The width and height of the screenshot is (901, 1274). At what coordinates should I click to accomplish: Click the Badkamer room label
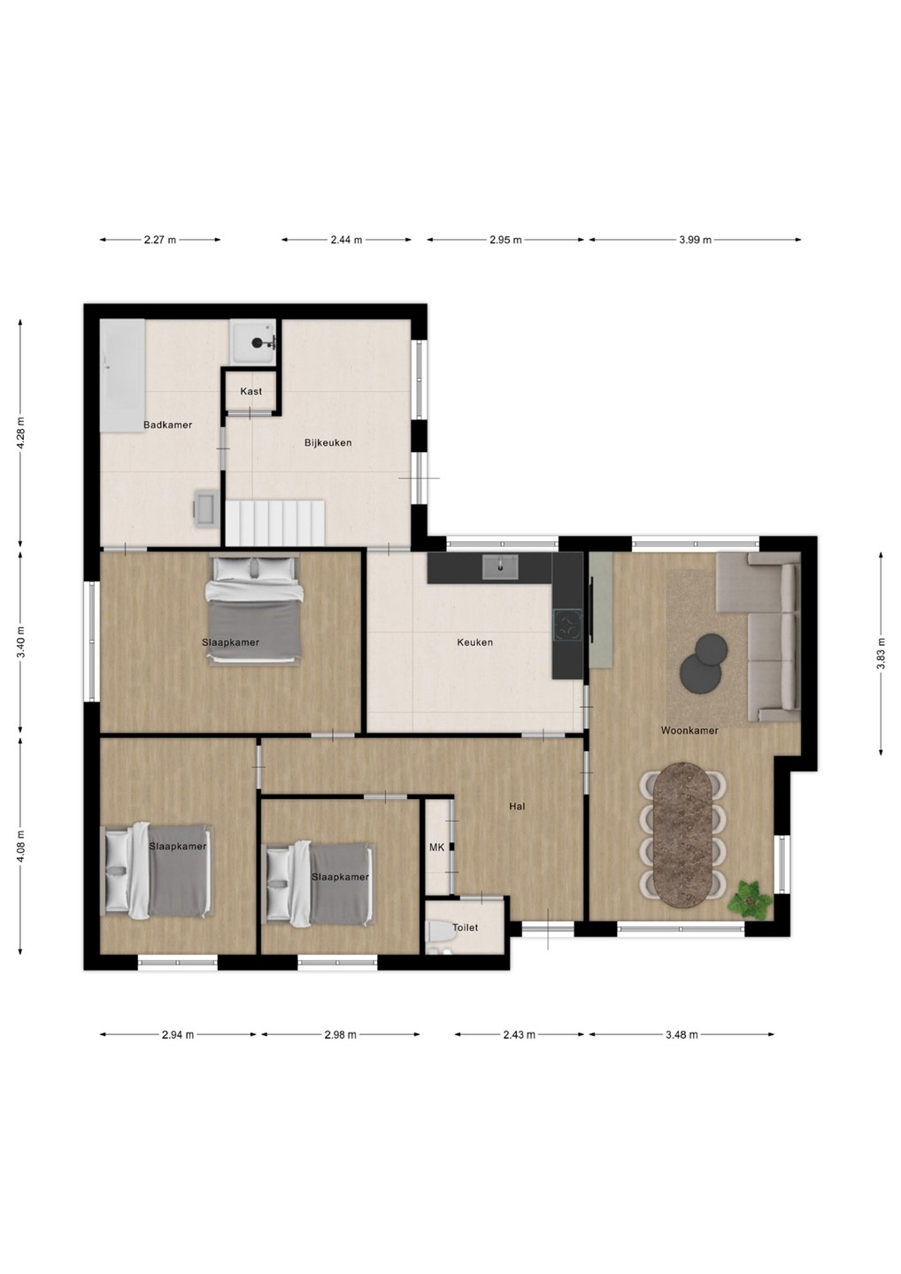tap(167, 425)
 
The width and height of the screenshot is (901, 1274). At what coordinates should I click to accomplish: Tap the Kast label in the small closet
tap(250, 391)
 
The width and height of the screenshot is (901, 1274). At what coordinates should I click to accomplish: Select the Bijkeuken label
tap(327, 442)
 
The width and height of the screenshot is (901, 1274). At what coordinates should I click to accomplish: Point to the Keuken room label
tap(475, 642)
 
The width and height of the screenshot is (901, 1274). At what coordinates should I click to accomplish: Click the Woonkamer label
tap(689, 730)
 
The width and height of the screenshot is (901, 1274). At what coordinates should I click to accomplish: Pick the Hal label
tap(517, 806)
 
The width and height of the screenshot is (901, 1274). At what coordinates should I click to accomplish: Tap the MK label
tap(436, 863)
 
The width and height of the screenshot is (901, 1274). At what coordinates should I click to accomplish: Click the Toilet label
tap(465, 927)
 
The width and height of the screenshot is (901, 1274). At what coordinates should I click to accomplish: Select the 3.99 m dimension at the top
tap(695, 240)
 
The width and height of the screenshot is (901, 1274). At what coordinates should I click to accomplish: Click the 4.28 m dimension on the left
tap(21, 433)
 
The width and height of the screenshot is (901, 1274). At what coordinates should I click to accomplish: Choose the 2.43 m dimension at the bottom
tap(519, 1034)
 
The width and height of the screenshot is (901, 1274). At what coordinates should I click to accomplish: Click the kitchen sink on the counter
tap(501, 567)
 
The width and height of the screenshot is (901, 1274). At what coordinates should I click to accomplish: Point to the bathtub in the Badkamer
tap(123, 375)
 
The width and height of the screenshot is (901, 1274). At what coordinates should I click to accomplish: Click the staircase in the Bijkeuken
tap(275, 522)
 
